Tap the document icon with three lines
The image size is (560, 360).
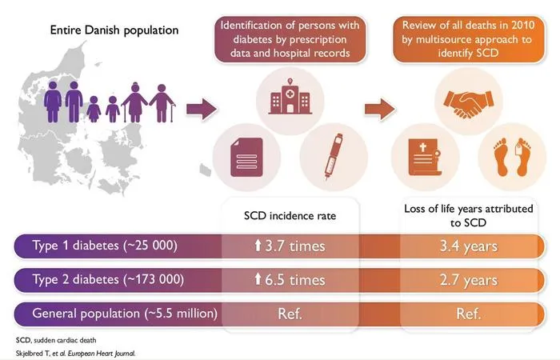pos(246,157)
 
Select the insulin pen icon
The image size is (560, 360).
pos(334,157)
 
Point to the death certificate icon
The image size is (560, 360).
pos(424,158)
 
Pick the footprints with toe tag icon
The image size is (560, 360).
pos(512,158)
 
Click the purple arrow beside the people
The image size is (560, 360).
pos(202,109)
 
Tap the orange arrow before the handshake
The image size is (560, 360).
pos(380,109)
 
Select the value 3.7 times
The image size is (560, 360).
pos(290,246)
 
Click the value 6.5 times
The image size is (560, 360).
pos(290,280)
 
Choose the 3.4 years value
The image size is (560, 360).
pos(469,246)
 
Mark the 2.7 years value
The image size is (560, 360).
pos(469,280)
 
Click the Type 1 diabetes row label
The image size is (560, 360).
pos(105,246)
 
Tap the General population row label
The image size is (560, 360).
pos(125,314)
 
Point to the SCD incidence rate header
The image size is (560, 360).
pos(290,216)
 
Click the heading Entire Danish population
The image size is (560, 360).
pos(114,30)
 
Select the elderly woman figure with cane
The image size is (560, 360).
pos(134,102)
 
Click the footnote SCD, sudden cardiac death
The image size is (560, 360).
pos(56,340)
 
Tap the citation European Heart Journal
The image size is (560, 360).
pos(102,354)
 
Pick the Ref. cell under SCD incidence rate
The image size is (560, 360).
pos(290,314)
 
